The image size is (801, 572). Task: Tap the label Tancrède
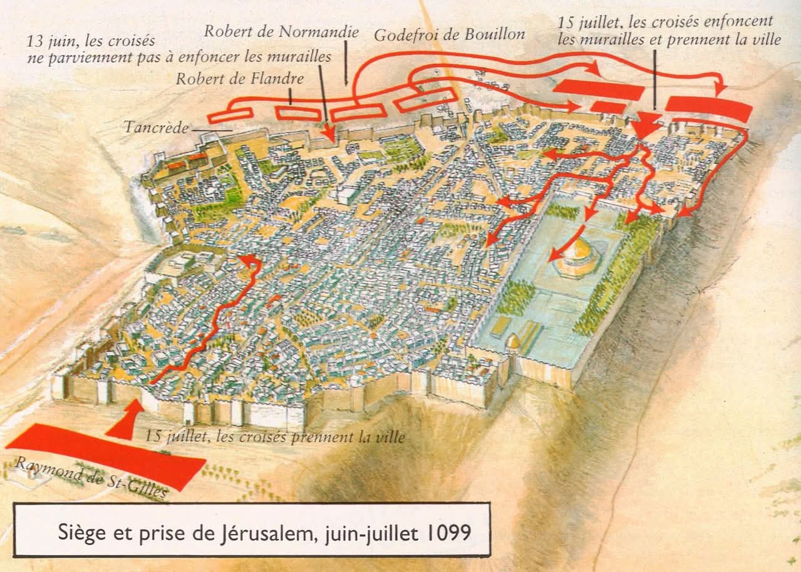(x=155, y=128)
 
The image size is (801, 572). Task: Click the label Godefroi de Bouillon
(x=449, y=35)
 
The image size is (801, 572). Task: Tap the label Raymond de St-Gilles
(x=90, y=479)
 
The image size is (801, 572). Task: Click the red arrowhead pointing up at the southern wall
(x=130, y=416)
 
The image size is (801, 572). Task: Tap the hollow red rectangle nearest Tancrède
(x=230, y=115)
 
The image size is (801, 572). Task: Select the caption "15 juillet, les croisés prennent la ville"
(x=274, y=437)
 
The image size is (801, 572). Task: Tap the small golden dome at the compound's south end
(x=514, y=342)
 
